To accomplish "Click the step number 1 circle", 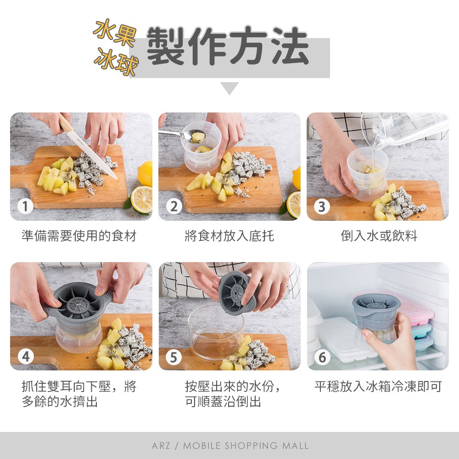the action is [x=25, y=206].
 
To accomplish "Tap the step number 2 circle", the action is [x=174, y=206].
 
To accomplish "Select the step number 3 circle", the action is [x=322, y=207].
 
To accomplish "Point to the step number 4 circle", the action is [x=26, y=357].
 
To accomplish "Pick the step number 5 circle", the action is [x=174, y=357].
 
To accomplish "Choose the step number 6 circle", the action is [x=322, y=357].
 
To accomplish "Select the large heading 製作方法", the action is [x=228, y=46].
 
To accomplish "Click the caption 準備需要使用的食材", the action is [x=79, y=235].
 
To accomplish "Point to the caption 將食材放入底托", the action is [x=229, y=235].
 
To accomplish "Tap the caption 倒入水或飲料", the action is [x=379, y=235].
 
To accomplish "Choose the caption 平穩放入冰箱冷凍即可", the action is [x=378, y=386].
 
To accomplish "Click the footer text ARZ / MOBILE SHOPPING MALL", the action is [x=230, y=446].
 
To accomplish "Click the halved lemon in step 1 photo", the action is [x=141, y=199].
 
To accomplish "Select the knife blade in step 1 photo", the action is [x=93, y=155].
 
